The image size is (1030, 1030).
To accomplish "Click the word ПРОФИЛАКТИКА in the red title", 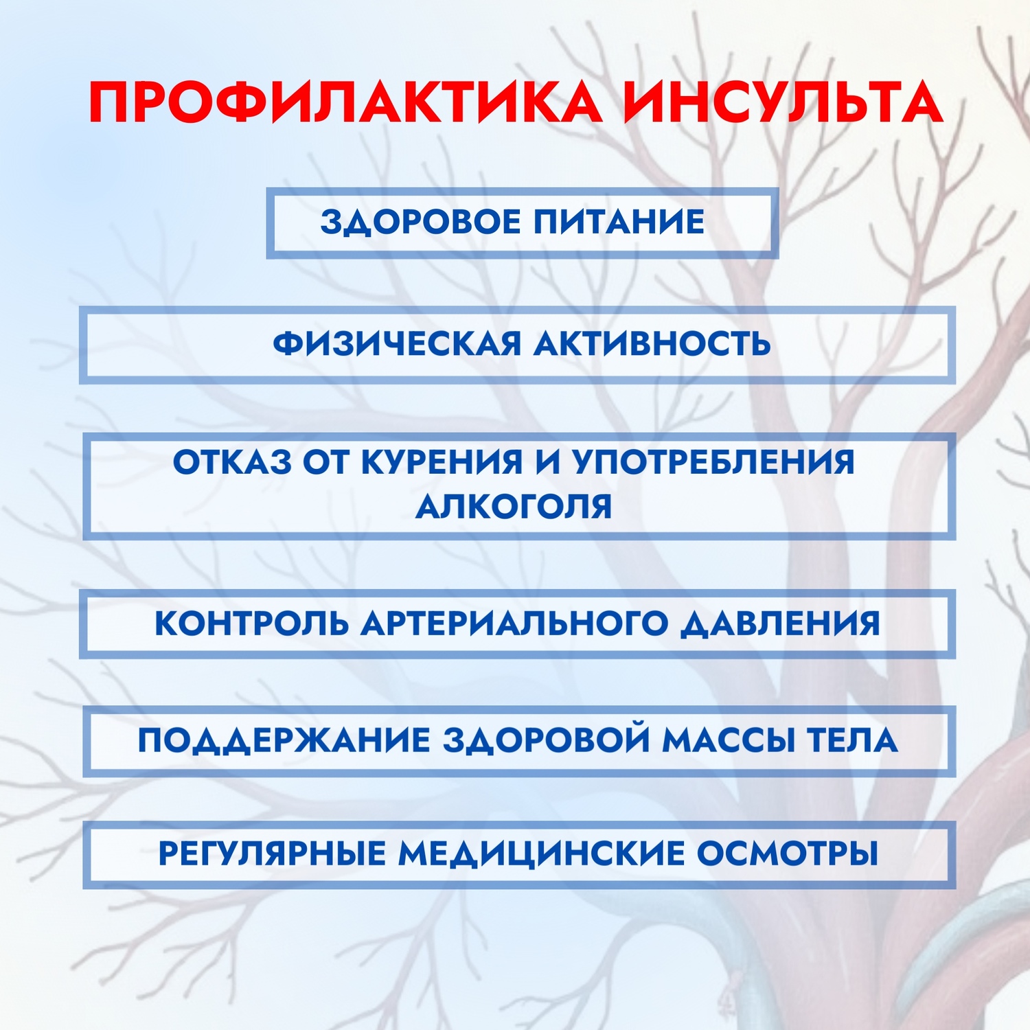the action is point(346,103).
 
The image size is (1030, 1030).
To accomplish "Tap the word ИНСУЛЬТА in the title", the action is point(783,102).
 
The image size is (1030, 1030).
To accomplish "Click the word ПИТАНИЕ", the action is point(619,222).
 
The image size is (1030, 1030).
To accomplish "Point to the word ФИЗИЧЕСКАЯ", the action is point(397,344).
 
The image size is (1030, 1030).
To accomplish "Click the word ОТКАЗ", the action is point(232,462).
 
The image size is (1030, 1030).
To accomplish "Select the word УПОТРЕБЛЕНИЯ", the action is point(714,462).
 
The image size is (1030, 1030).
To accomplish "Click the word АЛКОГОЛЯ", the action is point(514,507).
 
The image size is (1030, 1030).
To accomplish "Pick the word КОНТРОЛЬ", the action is point(251,623).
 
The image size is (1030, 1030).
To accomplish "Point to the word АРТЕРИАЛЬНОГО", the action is point(514,623).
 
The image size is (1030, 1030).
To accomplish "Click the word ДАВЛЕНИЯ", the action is point(780,624).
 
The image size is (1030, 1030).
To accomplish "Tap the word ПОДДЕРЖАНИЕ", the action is point(284,741).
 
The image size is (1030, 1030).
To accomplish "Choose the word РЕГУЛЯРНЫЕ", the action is point(272,854).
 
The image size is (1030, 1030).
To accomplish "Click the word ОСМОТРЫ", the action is point(788,854).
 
